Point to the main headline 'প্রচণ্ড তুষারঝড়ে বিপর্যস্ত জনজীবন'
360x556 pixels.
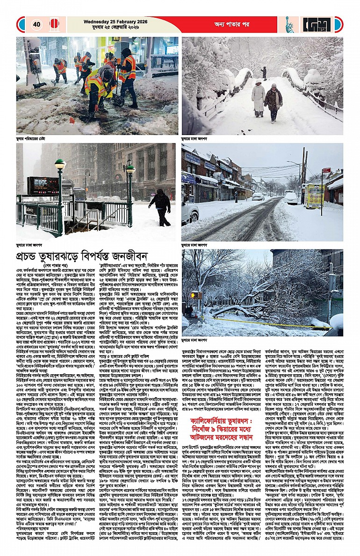88,257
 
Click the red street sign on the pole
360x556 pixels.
326,170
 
